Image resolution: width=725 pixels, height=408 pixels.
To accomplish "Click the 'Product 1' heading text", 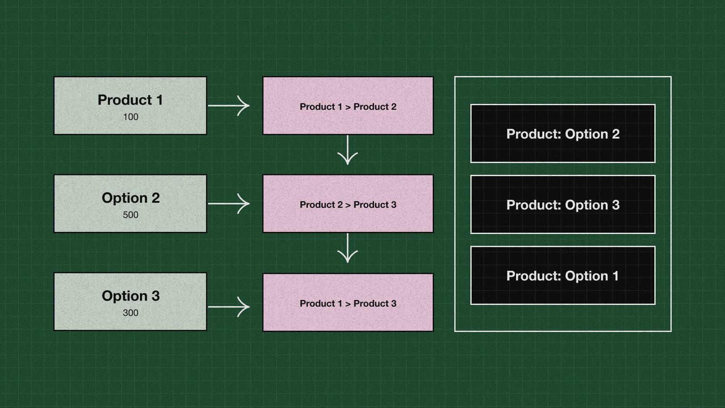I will click(130, 100).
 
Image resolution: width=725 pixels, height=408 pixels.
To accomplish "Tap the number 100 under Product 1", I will click(130, 117).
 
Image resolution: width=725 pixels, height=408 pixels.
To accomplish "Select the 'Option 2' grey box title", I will click(130, 198).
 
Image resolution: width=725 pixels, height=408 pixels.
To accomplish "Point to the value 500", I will click(130, 215).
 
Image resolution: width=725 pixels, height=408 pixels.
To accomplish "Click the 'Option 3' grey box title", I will click(130, 296).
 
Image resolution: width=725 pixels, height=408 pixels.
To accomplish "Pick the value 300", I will click(130, 313).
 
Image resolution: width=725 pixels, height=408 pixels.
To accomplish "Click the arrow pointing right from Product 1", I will click(229, 106).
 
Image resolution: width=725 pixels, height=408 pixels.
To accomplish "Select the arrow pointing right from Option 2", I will click(229, 204).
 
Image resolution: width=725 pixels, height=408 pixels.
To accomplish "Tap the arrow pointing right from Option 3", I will click(229, 307).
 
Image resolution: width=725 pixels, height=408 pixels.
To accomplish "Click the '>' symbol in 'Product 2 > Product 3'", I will click(348, 205).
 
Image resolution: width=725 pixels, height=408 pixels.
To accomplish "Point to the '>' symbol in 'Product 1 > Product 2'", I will click(348, 107).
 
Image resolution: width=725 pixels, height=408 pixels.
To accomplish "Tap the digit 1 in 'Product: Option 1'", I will click(615, 276).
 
